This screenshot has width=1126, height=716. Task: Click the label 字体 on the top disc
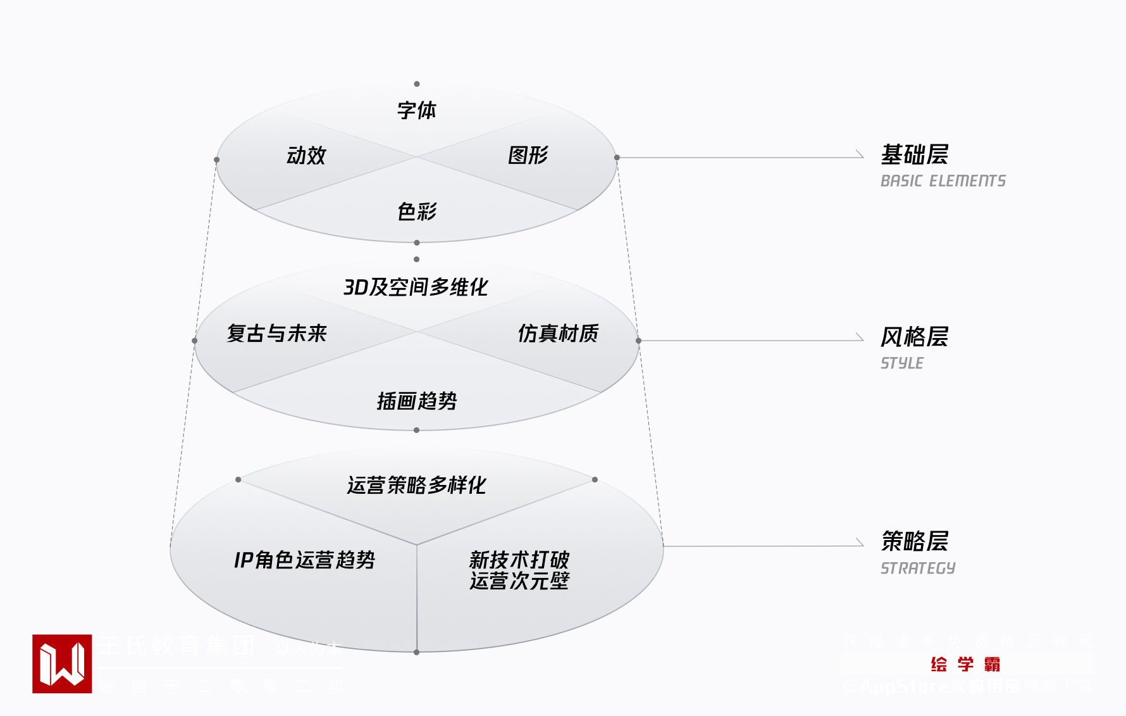click(x=417, y=110)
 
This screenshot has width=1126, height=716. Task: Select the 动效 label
click(x=306, y=155)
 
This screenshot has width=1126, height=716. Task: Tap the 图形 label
click(x=528, y=155)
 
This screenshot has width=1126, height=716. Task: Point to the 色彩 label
click(x=417, y=211)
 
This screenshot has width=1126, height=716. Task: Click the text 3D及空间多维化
click(x=416, y=287)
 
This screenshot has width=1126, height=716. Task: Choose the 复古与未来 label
click(x=276, y=333)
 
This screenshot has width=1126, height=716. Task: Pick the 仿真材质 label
click(x=558, y=333)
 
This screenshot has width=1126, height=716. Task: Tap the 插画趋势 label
click(x=417, y=401)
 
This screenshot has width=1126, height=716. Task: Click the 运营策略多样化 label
click(x=416, y=486)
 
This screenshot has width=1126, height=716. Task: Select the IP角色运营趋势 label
click(x=304, y=560)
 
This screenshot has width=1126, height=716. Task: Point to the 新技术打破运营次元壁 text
click(x=519, y=570)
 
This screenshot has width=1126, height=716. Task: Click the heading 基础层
click(x=915, y=154)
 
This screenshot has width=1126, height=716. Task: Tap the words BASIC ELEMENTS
click(x=943, y=181)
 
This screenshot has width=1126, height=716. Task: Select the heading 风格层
click(x=915, y=337)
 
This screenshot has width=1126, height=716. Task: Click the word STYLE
click(x=902, y=363)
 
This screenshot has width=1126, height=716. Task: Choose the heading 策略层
click(x=915, y=541)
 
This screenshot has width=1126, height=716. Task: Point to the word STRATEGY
click(x=918, y=568)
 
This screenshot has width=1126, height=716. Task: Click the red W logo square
click(x=62, y=663)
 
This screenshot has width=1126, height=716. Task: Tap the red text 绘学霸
click(x=965, y=664)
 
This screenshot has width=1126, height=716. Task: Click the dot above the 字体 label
click(x=417, y=84)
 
